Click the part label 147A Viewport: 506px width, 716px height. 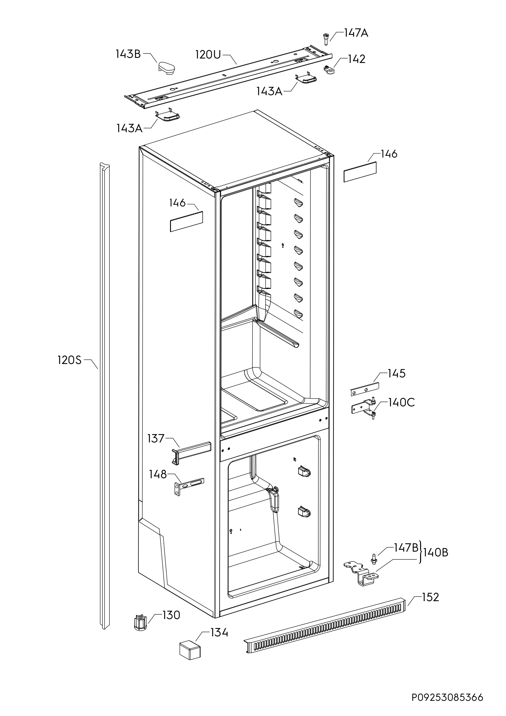(x=356, y=33)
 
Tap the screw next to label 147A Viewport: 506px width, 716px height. (x=326, y=39)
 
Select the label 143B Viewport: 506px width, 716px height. (x=128, y=54)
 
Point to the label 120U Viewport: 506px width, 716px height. (x=208, y=55)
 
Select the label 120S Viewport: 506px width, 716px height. (x=69, y=360)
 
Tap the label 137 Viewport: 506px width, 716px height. (x=156, y=439)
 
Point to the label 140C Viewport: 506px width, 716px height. (x=402, y=402)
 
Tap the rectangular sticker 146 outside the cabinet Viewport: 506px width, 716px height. (x=360, y=172)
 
